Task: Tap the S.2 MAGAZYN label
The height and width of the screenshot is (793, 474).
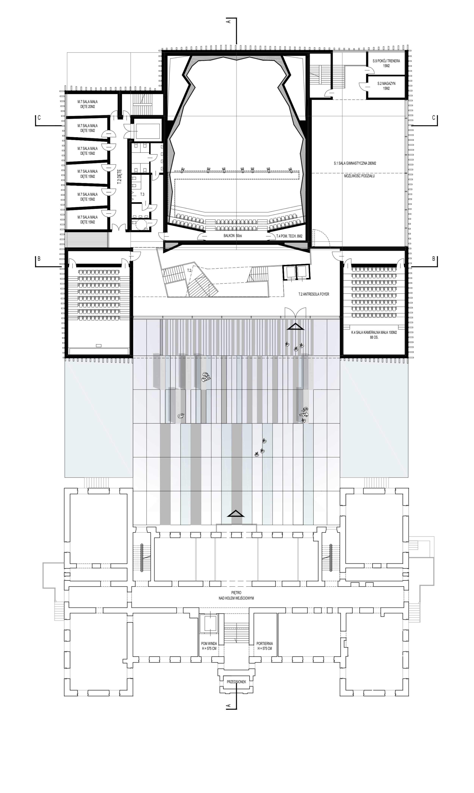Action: point(386,86)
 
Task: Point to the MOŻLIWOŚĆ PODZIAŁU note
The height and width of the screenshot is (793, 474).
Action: point(359,176)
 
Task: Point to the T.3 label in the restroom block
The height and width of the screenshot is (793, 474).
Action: point(142,194)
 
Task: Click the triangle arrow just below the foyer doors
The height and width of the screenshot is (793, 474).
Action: point(296,327)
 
